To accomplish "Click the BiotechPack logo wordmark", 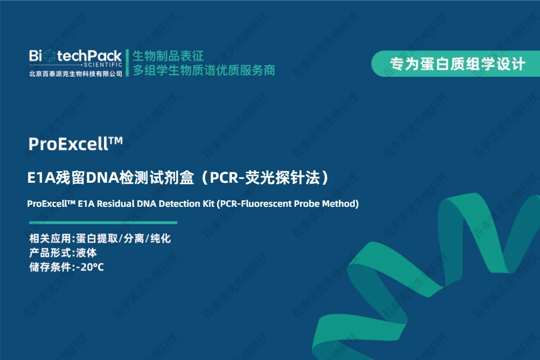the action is click(x=75, y=56).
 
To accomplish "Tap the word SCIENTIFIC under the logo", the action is click(x=103, y=65).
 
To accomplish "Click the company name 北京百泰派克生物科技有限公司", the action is click(x=76, y=74).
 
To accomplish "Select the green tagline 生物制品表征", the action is click(x=168, y=56).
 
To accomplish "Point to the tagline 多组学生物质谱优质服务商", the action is click(x=204, y=70).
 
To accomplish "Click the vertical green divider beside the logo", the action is click(x=128, y=63).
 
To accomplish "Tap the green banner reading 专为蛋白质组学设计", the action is click(x=455, y=64).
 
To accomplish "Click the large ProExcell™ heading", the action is click(x=76, y=144).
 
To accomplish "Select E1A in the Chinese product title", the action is click(x=42, y=178).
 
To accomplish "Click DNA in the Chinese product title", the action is click(x=102, y=178).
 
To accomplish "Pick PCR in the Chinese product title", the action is click(x=224, y=178).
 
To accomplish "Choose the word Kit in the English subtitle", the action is click(x=208, y=204).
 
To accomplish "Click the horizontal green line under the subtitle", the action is click(x=103, y=222).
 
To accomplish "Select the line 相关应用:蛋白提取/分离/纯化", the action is click(x=100, y=238).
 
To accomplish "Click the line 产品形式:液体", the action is click(x=63, y=253).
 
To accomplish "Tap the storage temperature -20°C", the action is click(x=90, y=267).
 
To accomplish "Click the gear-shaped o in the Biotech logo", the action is click(x=50, y=56).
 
